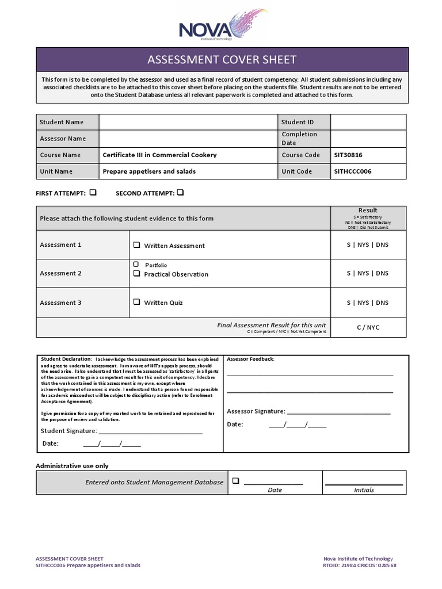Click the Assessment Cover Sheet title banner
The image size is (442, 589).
[222, 60]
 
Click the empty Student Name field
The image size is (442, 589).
[188, 122]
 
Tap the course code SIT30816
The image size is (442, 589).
[348, 155]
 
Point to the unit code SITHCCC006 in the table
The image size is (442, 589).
[352, 171]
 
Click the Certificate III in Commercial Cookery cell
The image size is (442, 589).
[159, 155]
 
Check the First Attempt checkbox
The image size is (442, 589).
[93, 193]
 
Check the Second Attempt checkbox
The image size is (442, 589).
[180, 193]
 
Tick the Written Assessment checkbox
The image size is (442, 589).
[137, 245]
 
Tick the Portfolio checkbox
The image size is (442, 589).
[136, 265]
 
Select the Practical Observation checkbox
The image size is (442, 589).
[137, 274]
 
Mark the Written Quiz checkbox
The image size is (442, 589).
[137, 302]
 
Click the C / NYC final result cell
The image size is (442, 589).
[368, 327]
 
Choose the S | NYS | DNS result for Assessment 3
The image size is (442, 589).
[368, 303]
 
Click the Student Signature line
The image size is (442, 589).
[150, 431]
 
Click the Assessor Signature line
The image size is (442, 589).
[338, 412]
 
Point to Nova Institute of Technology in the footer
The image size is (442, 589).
[358, 559]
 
